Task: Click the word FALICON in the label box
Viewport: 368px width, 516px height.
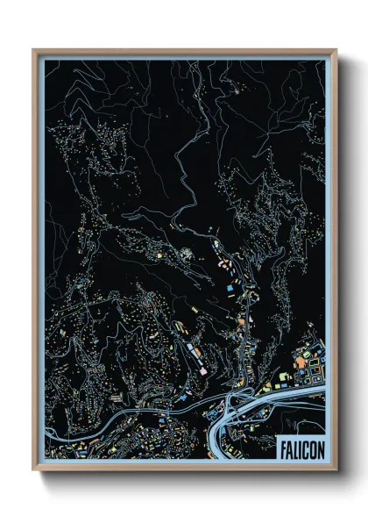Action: (300, 445)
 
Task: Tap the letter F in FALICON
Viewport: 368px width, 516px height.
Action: (283, 445)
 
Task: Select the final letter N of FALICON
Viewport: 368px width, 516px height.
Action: (318, 445)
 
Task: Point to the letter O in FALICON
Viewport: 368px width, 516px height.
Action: (311, 445)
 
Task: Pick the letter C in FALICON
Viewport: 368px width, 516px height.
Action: (304, 445)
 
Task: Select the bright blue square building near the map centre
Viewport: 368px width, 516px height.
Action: (230, 286)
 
